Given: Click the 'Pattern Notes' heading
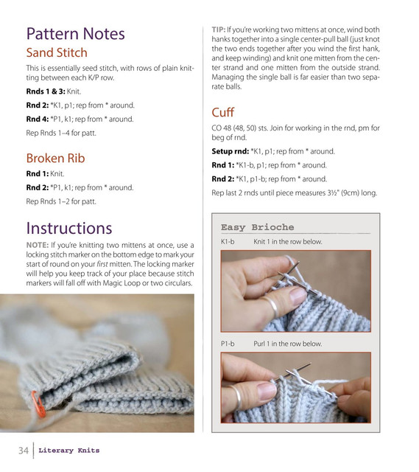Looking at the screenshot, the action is click(75, 34).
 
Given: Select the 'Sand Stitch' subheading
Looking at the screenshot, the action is click(57, 52).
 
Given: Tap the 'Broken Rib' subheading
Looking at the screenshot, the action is click(56, 158).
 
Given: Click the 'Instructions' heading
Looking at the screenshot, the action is click(69, 228).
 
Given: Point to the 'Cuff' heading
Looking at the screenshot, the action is click(222, 112).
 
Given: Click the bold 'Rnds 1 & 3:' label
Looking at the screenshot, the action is click(46, 91).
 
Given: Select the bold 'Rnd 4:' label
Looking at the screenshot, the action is click(38, 119).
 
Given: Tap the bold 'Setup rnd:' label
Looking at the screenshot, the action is click(230, 151).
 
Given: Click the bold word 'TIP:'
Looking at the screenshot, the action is click(219, 29).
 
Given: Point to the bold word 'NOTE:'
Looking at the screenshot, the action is click(38, 245).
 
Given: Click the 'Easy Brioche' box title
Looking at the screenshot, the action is click(258, 227).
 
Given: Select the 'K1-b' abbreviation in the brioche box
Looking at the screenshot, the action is click(228, 241).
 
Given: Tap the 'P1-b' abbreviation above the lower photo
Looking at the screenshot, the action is click(228, 344).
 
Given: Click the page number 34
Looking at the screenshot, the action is click(24, 451).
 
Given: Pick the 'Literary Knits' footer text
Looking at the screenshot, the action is click(68, 451).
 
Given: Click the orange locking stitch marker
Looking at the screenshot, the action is click(39, 404).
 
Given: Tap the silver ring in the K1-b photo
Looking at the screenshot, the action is click(272, 307).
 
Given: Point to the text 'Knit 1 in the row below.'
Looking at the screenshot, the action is click(288, 241).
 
